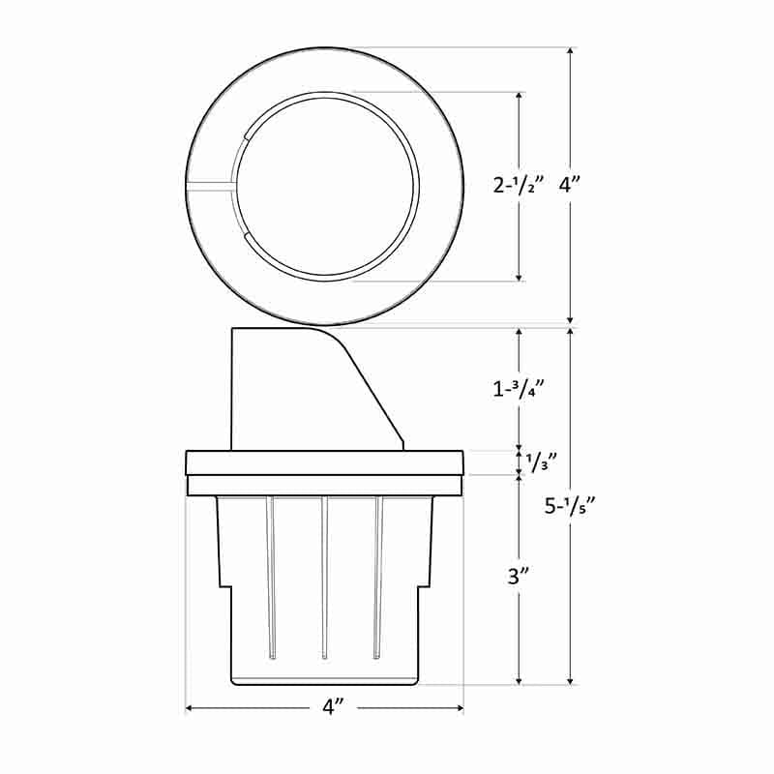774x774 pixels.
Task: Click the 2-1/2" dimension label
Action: click(x=520, y=186)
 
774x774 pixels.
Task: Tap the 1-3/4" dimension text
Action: click(x=520, y=389)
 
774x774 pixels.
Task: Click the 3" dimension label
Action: click(x=521, y=578)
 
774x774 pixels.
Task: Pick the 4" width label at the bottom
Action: click(x=332, y=708)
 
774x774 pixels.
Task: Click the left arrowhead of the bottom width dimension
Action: click(x=190, y=708)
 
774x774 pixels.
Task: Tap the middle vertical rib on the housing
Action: click(x=324, y=576)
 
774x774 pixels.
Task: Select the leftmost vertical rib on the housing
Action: click(x=272, y=576)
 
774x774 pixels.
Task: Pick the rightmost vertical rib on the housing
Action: click(x=376, y=576)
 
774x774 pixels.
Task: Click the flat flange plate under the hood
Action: click(x=324, y=462)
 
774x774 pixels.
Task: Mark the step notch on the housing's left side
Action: click(x=226, y=584)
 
